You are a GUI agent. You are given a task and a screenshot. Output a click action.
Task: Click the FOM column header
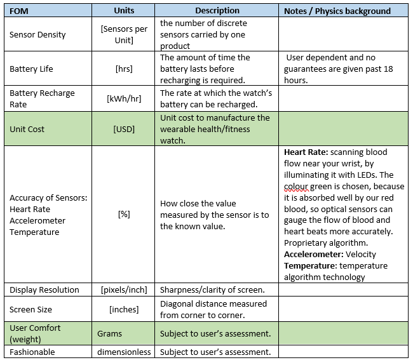pos(18,11)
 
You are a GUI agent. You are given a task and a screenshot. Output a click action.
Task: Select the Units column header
pos(124,11)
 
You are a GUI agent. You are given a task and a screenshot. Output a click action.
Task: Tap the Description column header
pos(217,11)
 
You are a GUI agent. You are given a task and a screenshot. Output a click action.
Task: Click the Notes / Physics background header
pos(337,11)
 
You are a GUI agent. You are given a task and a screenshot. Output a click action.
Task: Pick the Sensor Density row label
pos(37,34)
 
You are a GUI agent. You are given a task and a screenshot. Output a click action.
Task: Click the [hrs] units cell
pos(124,69)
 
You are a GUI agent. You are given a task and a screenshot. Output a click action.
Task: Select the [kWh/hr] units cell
pos(124,98)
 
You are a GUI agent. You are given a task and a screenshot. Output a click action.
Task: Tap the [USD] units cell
pos(124,129)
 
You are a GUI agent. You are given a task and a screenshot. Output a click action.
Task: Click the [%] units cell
pos(124,215)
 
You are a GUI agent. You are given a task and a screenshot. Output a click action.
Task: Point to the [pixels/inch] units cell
pos(124,290)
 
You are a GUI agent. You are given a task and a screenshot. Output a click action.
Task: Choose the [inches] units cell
pos(124,309)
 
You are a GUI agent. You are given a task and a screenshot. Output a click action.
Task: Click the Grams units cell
pos(110,333)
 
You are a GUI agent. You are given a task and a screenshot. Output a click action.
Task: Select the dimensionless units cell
pos(124,352)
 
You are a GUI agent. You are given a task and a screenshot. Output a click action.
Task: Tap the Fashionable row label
pos(32,352)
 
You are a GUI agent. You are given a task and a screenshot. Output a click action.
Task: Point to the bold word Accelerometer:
pos(314,255)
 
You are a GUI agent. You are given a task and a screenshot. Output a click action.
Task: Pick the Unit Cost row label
pos(27,129)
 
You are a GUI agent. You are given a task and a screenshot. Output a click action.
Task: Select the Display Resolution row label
pos(44,290)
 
